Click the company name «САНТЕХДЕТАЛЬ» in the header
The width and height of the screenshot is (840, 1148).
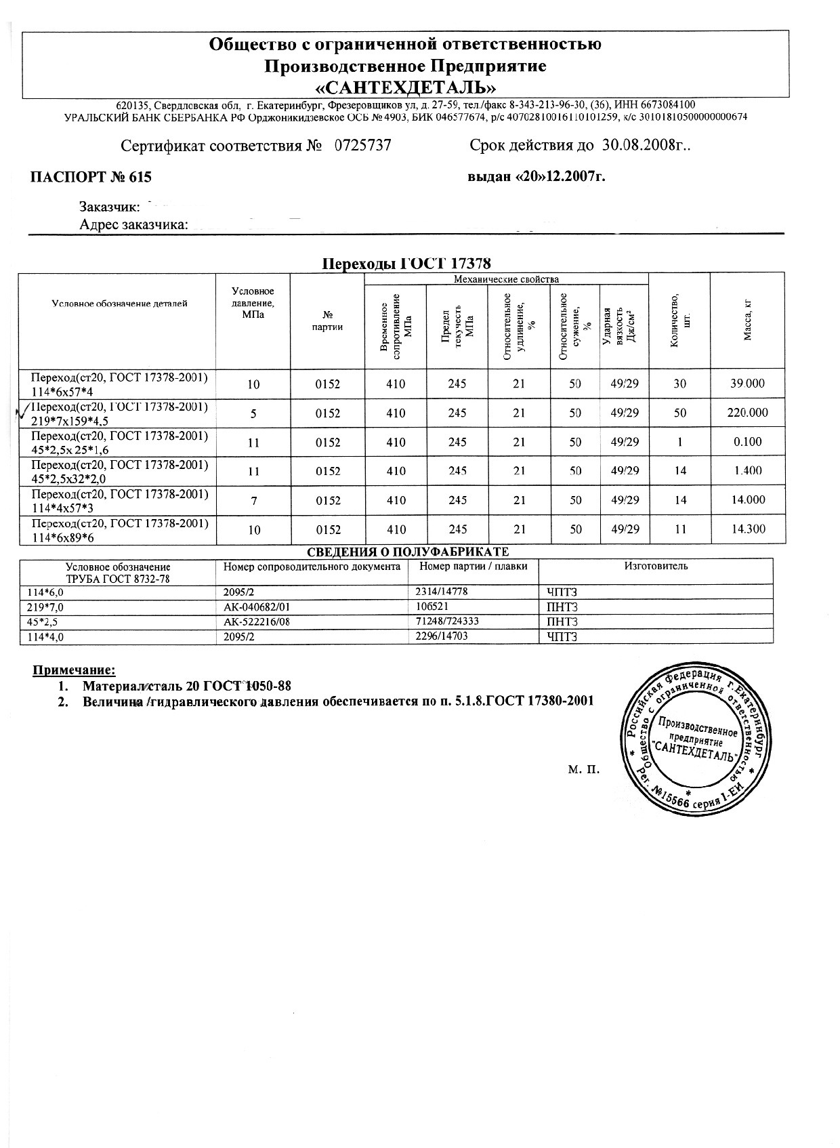pos(405,88)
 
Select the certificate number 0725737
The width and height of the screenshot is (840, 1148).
pos(363,146)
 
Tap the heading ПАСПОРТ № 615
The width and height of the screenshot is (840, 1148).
pos(91,178)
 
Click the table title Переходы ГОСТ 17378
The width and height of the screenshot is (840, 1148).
pos(405,264)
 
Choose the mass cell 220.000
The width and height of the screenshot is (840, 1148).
pos(747,413)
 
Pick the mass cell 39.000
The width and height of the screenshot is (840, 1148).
pos(747,384)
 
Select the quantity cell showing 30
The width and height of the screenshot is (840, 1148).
pos(679,384)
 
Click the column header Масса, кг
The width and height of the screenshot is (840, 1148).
pos(748,320)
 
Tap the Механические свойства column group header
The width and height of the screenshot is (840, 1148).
pos(505,279)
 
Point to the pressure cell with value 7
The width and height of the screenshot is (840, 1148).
pos(253,501)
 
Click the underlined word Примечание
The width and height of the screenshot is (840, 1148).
pos(75,671)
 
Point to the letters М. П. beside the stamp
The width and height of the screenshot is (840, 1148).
pos(584,770)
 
